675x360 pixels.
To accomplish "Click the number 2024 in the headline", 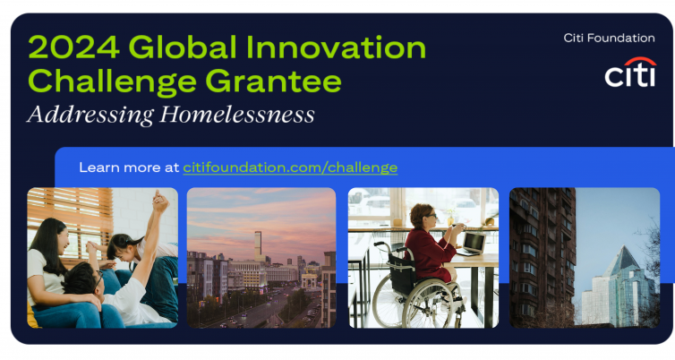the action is [73, 47].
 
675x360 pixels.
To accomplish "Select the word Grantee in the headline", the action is [273, 81].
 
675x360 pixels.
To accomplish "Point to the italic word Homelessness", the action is [237, 115].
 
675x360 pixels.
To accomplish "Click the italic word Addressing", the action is [90, 116].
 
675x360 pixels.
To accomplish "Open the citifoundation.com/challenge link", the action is [290, 167].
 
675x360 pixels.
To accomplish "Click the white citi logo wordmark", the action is [630, 76].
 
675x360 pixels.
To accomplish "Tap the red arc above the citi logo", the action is [640, 60].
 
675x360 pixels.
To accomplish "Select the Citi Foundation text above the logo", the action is [609, 38].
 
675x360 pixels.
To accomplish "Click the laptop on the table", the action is [473, 244].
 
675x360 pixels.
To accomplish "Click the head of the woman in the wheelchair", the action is [423, 216].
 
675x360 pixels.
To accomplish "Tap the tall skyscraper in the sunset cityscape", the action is [258, 246].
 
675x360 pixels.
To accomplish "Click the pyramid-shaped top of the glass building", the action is [622, 261].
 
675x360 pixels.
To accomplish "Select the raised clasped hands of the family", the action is [160, 201].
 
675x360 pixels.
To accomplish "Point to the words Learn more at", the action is [129, 167].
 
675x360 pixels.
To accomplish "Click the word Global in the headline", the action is [183, 47].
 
